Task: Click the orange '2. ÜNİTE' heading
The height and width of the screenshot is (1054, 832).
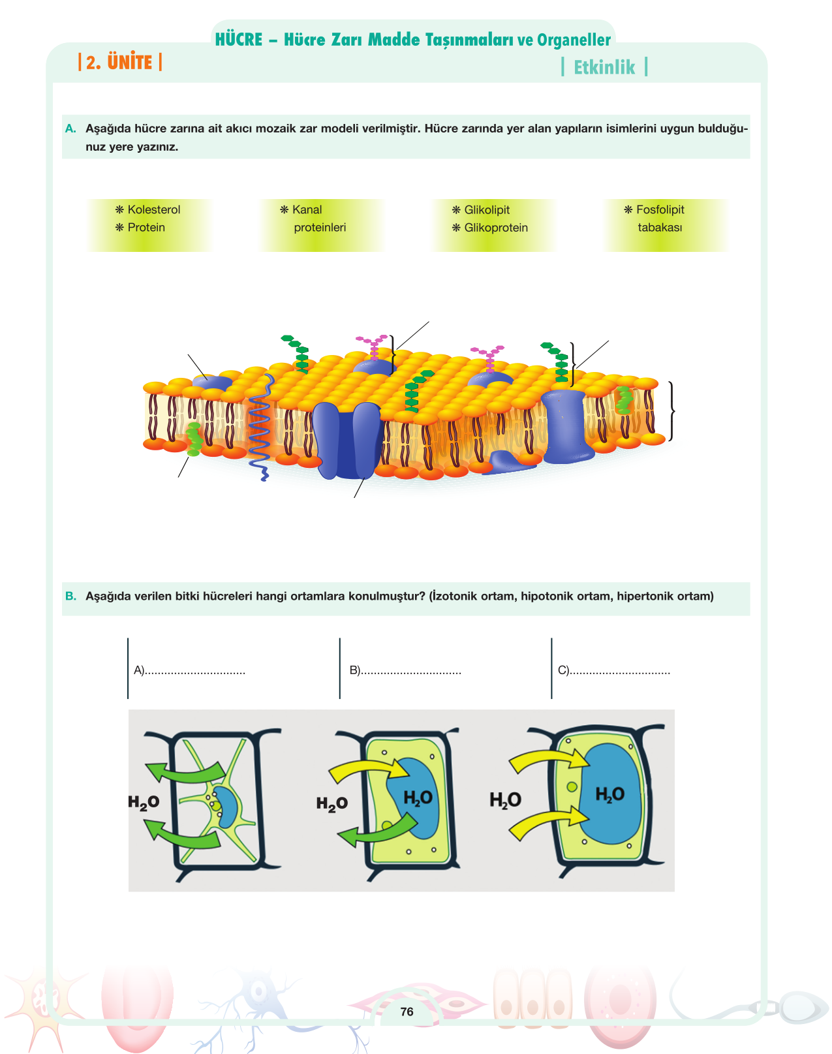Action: (x=119, y=62)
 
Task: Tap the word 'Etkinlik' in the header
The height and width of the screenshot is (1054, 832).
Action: (x=604, y=67)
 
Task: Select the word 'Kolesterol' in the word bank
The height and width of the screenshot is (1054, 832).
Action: (x=154, y=209)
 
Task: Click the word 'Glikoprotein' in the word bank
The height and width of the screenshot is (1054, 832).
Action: (x=495, y=228)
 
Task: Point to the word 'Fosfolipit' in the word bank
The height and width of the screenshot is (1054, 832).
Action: (x=660, y=209)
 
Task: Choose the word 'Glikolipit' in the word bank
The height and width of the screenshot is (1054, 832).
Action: (x=487, y=209)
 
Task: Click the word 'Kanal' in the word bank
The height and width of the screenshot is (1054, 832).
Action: (x=307, y=209)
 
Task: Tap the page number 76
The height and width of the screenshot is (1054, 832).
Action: (x=407, y=1012)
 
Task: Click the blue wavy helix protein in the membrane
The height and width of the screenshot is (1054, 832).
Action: (x=260, y=427)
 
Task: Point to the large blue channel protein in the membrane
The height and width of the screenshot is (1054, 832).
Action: (x=347, y=440)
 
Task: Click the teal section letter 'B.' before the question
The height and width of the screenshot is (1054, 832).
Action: (x=70, y=596)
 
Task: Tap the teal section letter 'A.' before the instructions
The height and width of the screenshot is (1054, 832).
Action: (x=70, y=129)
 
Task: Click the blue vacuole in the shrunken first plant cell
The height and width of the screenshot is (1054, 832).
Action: (x=226, y=807)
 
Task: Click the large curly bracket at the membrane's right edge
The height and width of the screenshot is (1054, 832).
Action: (x=671, y=411)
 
